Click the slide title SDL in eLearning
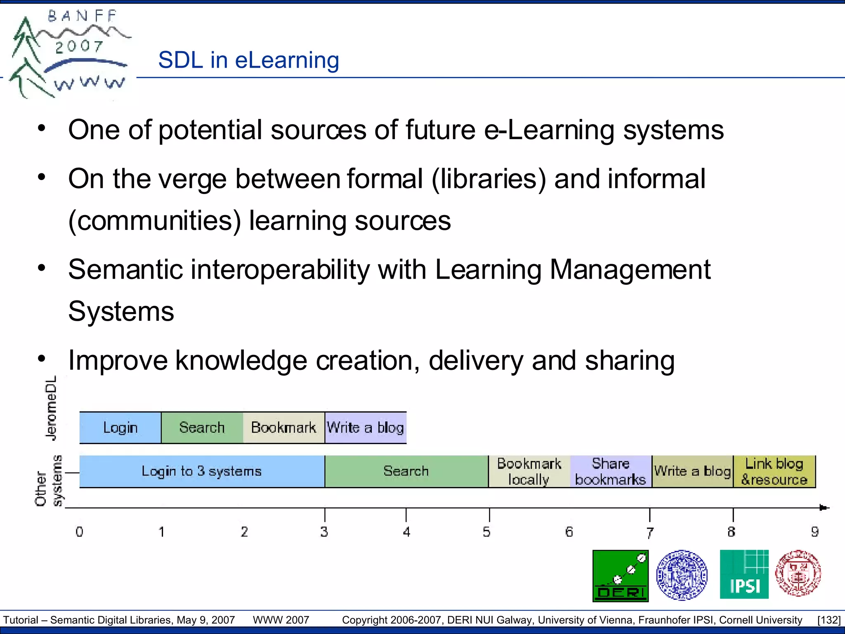click(248, 60)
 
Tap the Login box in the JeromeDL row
click(120, 428)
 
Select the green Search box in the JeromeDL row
click(202, 428)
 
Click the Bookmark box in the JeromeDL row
click(283, 428)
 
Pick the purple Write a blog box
click(366, 428)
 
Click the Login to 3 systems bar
click(202, 471)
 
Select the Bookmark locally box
click(529, 471)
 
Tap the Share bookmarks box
click(611, 471)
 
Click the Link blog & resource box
click(774, 471)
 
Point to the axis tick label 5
click(487, 532)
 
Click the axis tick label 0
click(80, 532)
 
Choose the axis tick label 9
click(814, 532)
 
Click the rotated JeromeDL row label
click(51, 408)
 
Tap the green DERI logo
click(621, 576)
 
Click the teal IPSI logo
click(744, 574)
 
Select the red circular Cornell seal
click(798, 573)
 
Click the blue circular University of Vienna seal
click(682, 575)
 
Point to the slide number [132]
click(828, 620)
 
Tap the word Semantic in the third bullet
click(125, 270)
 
